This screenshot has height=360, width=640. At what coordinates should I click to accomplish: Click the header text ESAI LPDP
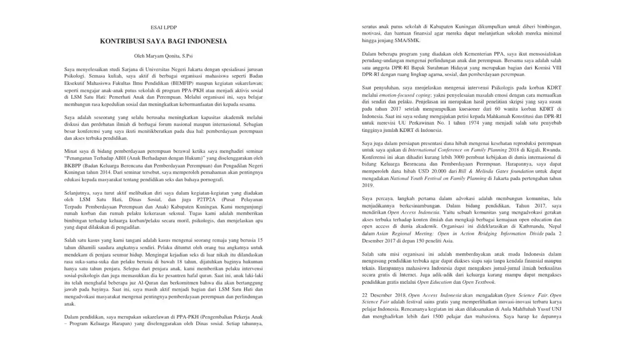[163, 28]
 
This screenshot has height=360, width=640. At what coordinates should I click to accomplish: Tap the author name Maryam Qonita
[163, 56]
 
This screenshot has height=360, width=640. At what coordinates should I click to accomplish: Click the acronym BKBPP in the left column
[72, 166]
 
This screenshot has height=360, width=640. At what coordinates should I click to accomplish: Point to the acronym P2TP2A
[206, 200]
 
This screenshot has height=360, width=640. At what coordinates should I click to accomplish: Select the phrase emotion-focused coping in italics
[405, 95]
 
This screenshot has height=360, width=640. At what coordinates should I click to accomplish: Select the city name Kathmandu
[529, 227]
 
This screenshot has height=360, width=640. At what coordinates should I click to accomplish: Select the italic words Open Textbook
[478, 282]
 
